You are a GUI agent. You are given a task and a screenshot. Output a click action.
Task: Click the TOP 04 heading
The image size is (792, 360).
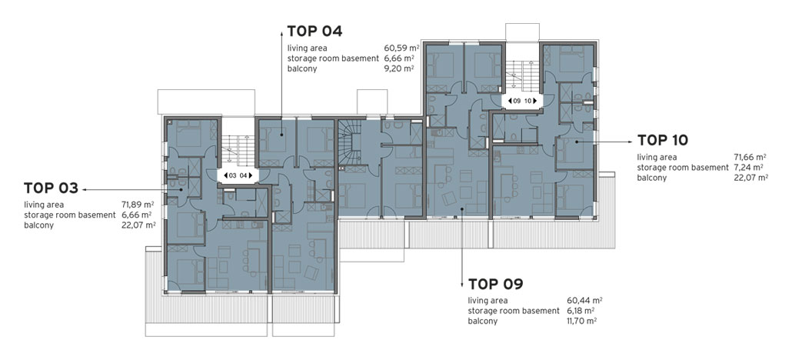(x=314, y=32)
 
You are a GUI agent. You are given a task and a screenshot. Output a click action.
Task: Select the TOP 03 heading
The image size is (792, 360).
(x=51, y=188)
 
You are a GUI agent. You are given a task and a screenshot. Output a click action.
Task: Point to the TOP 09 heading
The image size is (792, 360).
(x=495, y=284)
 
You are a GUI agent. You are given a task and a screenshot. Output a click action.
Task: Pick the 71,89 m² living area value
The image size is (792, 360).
(x=138, y=205)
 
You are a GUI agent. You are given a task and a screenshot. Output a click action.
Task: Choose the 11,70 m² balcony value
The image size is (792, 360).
(x=582, y=321)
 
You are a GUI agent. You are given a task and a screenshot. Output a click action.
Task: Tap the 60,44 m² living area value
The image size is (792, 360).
(x=584, y=301)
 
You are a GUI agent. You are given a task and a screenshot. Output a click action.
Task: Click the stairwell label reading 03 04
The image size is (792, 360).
(x=238, y=175)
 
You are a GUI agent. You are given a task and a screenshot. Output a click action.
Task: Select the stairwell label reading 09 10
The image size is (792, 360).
(x=522, y=101)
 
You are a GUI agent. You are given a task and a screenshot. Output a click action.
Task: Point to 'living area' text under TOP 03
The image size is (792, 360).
(x=43, y=205)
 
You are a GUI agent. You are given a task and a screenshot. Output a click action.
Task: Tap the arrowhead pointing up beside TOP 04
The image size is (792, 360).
(x=282, y=33)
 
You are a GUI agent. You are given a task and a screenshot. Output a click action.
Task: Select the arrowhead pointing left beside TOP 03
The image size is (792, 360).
(x=85, y=188)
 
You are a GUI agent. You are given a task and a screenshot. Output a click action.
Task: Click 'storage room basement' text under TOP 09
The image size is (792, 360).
(x=514, y=311)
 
